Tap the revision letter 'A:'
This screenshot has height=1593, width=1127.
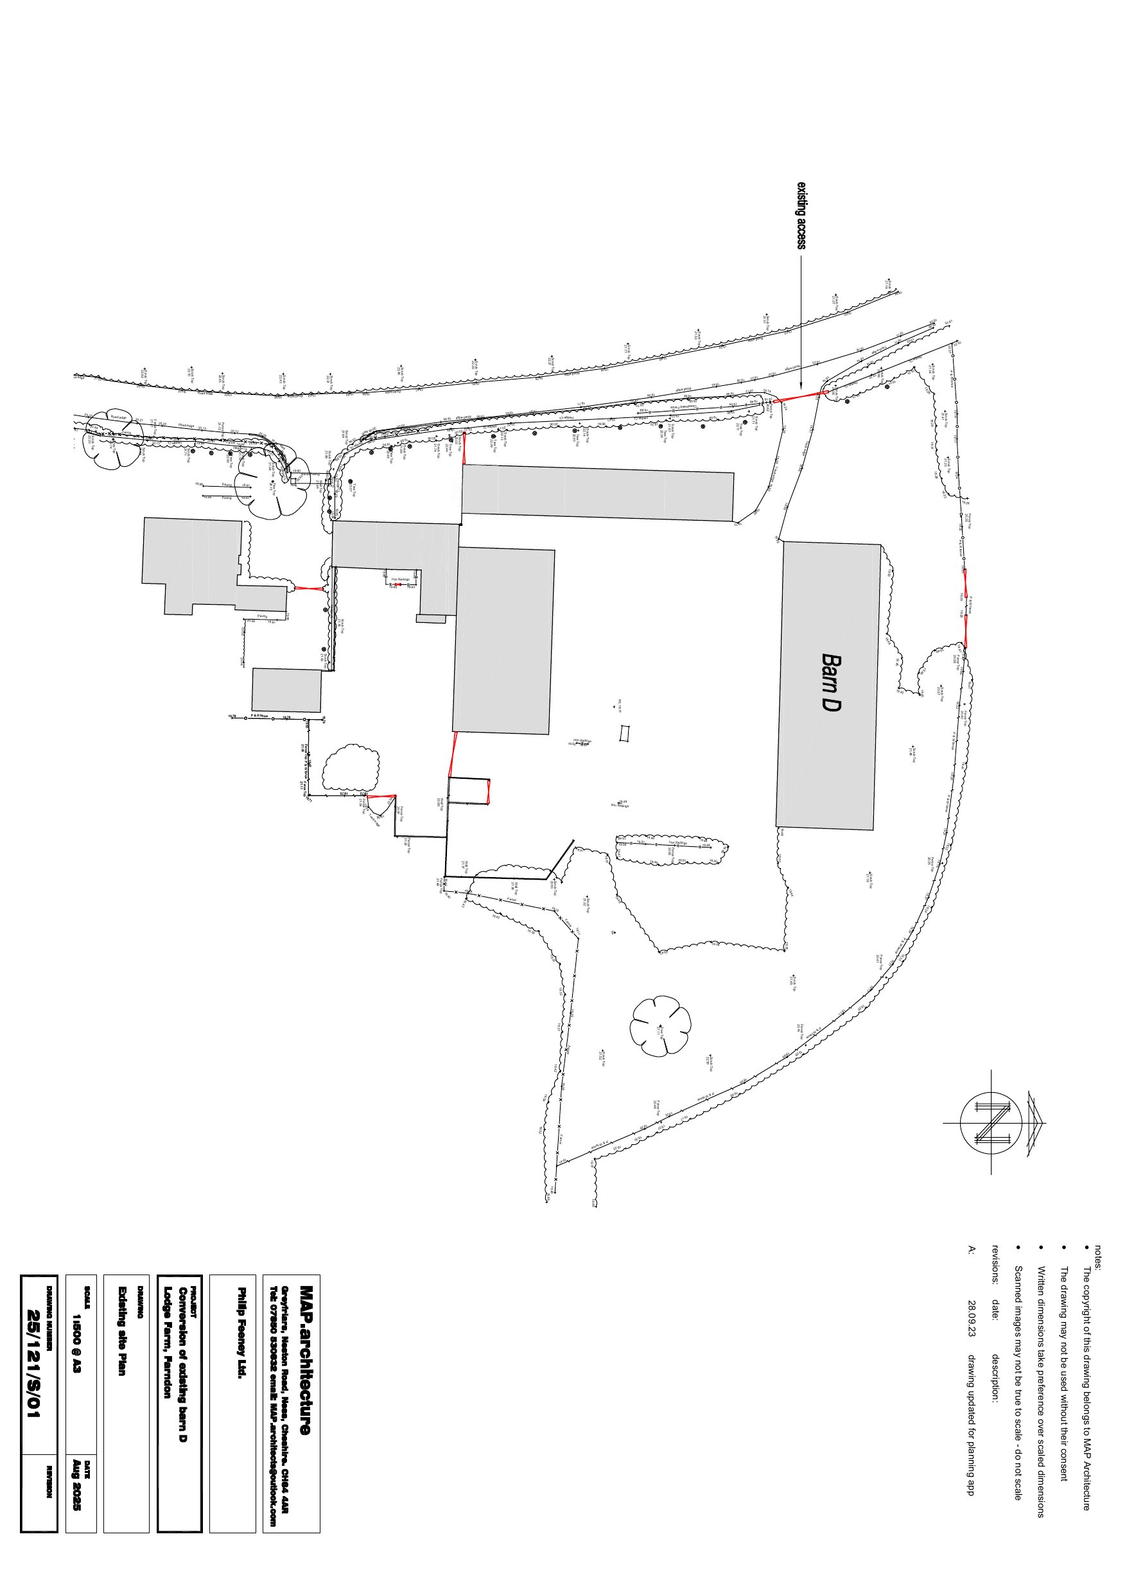click(x=972, y=1250)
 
